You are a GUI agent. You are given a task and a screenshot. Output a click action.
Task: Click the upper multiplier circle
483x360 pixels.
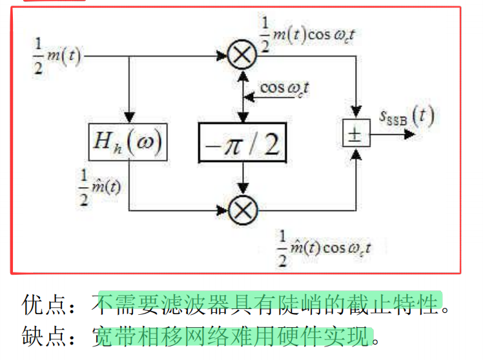click(242, 57)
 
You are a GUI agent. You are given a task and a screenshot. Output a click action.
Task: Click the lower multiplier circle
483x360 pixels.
click(242, 209)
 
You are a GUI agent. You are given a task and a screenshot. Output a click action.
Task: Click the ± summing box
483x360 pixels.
click(354, 134)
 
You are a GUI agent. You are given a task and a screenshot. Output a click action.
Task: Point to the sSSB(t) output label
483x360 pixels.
click(406, 118)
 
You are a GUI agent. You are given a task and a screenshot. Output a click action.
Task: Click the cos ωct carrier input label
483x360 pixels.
click(284, 87)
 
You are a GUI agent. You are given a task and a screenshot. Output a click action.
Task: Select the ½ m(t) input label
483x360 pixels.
click(57, 57)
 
